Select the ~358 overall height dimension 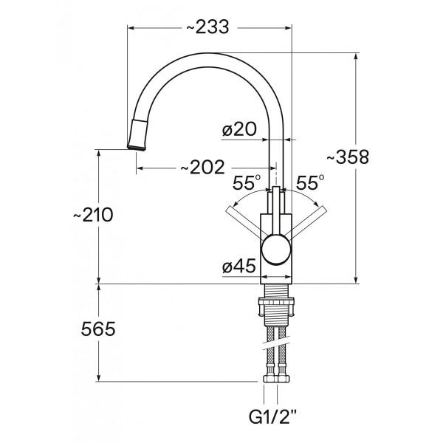tap(347, 157)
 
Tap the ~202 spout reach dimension tap(202, 168)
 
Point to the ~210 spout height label tap(92, 215)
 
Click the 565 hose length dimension tap(97, 329)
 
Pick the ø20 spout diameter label tap(238, 130)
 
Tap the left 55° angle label tap(247, 182)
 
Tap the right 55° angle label tap(311, 182)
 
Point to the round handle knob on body tap(277, 250)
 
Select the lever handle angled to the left tap(244, 223)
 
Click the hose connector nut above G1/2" tap(277, 380)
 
